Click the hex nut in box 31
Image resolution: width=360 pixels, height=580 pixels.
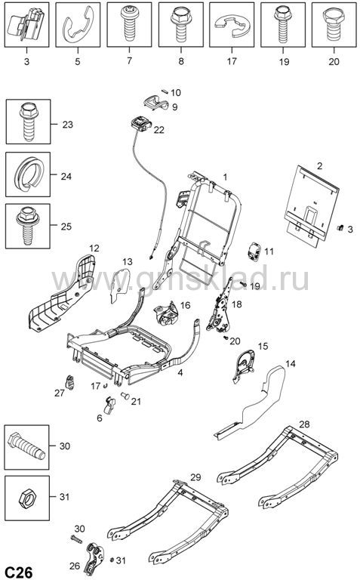(x=26, y=498)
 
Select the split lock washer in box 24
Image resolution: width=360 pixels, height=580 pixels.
(x=29, y=174)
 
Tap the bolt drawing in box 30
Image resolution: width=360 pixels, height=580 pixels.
(x=26, y=447)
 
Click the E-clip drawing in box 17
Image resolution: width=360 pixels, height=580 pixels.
(x=232, y=25)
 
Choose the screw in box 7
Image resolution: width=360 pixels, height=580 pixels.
(x=129, y=23)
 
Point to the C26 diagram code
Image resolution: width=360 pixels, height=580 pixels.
(x=17, y=572)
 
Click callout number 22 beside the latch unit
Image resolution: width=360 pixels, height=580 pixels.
(x=159, y=130)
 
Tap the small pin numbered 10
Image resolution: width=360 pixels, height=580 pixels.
(x=165, y=91)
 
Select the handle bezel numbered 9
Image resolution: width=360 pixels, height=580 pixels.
(x=155, y=102)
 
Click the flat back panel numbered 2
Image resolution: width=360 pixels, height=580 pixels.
(x=312, y=205)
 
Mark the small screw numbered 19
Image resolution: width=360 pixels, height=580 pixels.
(x=244, y=284)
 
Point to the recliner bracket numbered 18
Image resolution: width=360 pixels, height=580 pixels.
(x=220, y=307)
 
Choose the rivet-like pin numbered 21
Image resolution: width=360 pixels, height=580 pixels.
(x=125, y=396)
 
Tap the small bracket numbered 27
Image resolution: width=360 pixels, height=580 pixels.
(x=70, y=381)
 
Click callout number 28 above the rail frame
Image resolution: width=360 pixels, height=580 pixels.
(x=304, y=424)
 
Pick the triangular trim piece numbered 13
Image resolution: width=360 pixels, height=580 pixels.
(x=121, y=285)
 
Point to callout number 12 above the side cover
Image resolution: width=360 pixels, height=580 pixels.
(x=94, y=248)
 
